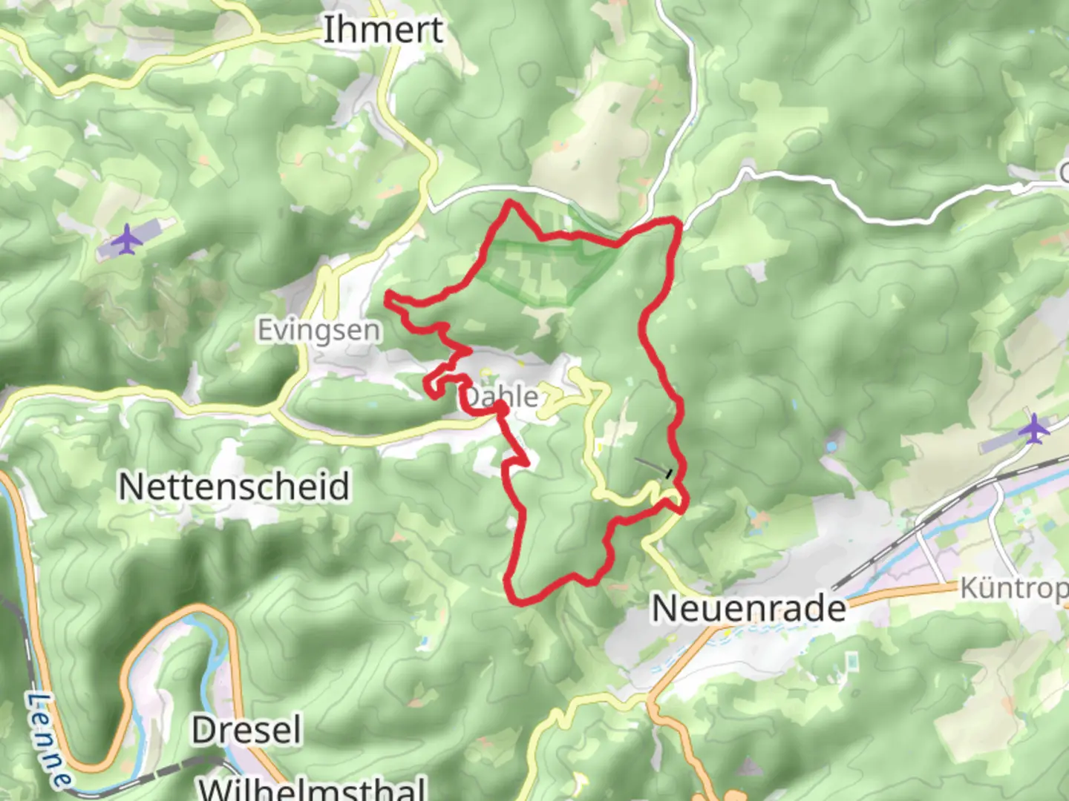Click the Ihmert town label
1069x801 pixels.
tap(383, 30)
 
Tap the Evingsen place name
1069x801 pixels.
tap(318, 330)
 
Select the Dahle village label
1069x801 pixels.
tap(502, 396)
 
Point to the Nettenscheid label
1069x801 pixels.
tap(234, 487)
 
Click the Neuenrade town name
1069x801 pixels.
tap(748, 609)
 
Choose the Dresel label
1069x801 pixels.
tap(246, 731)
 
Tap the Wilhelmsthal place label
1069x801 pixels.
tap(313, 788)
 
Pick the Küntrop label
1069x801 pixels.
tap(1014, 589)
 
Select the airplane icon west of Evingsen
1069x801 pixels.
tap(128, 239)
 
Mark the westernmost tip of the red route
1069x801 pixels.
tap(388, 297)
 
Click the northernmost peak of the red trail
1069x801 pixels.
tap(510, 202)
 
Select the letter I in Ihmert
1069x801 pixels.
tap(327, 30)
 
